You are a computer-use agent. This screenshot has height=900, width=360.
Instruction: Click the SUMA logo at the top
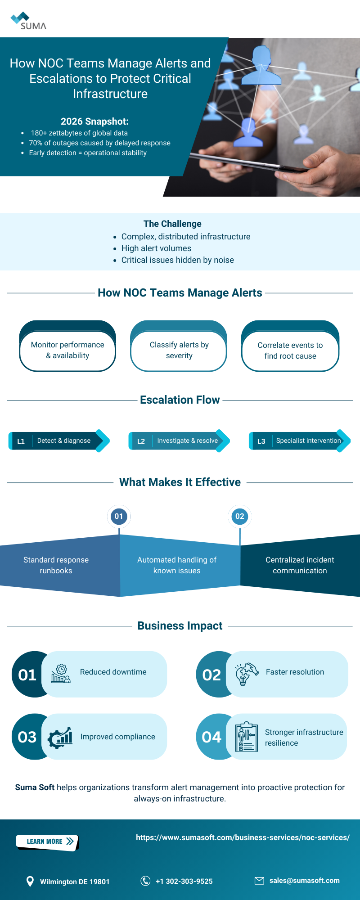[28, 21]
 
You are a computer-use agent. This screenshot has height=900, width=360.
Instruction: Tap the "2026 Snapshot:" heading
[94, 121]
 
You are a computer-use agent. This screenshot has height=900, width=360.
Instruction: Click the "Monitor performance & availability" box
[67, 350]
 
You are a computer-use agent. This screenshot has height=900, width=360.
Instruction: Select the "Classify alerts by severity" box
[179, 350]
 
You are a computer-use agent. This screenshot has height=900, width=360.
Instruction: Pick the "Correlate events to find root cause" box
[290, 351]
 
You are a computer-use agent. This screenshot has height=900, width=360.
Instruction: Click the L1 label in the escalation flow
[21, 441]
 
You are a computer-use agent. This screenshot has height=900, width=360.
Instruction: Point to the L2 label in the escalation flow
[141, 441]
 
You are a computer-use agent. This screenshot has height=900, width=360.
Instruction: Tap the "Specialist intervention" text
[308, 441]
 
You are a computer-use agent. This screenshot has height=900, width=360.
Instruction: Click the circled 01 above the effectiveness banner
[119, 517]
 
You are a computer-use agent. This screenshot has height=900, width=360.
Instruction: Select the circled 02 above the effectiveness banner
[240, 517]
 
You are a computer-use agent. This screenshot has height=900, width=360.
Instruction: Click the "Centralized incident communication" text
[300, 565]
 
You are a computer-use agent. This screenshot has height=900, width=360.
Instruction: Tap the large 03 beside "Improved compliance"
[27, 737]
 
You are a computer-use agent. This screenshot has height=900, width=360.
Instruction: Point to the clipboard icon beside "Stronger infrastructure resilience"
[247, 737]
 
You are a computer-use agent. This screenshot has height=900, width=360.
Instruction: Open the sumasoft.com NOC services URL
[243, 837]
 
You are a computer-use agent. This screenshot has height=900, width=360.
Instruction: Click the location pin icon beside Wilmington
[30, 881]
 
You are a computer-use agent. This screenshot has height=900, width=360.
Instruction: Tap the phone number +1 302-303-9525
[184, 881]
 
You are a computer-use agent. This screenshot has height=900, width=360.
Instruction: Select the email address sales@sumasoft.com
[304, 881]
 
